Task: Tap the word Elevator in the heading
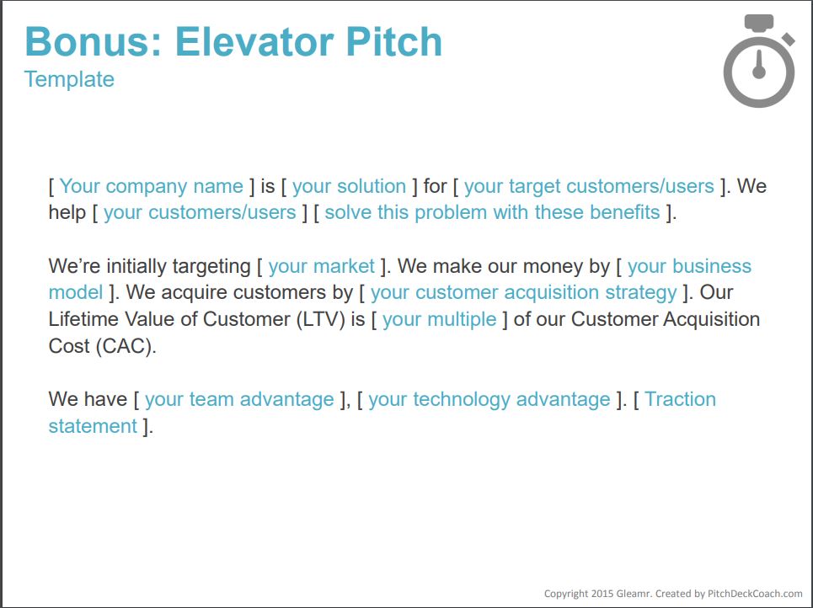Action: pyautogui.click(x=257, y=41)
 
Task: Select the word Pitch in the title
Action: pyautogui.click(x=394, y=41)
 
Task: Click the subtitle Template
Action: pyautogui.click(x=69, y=80)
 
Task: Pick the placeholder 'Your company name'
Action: pyautogui.click(x=152, y=186)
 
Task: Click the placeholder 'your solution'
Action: pyautogui.click(x=349, y=186)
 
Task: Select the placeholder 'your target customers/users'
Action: pyautogui.click(x=589, y=186)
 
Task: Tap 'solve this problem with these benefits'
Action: pyautogui.click(x=492, y=212)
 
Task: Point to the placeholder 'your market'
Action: pyautogui.click(x=322, y=266)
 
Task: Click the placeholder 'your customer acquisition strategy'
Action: pyautogui.click(x=524, y=293)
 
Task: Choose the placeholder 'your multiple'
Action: pyautogui.click(x=439, y=320)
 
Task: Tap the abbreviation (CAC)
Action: pyautogui.click(x=126, y=346)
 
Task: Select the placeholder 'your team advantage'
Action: pyautogui.click(x=239, y=400)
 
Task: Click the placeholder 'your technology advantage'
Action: pyautogui.click(x=489, y=400)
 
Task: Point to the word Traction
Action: pyautogui.click(x=680, y=399)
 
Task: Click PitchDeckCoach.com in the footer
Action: pyautogui.click(x=755, y=594)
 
